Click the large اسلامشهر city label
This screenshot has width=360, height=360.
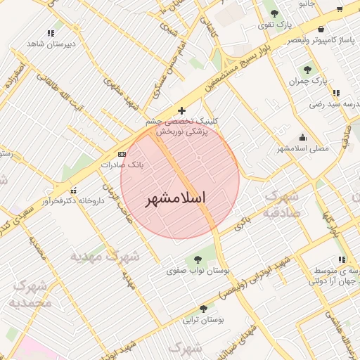tap(180, 199)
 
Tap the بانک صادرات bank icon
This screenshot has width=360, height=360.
tap(122, 154)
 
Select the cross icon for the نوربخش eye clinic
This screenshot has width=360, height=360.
tap(182, 110)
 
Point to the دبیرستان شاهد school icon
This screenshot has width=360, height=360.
tap(50, 33)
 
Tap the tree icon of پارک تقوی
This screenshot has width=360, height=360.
tap(274, 13)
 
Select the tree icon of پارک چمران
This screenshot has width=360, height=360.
tap(307, 70)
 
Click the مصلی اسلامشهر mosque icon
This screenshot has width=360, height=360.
tap(302, 137)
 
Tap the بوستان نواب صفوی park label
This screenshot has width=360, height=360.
tap(194, 269)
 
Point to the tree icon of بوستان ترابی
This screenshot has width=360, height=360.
tap(203, 308)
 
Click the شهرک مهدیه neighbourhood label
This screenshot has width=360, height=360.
tap(105, 257)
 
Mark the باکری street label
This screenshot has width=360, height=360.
tap(241, 223)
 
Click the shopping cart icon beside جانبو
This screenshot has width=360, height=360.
tap(340, 9)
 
